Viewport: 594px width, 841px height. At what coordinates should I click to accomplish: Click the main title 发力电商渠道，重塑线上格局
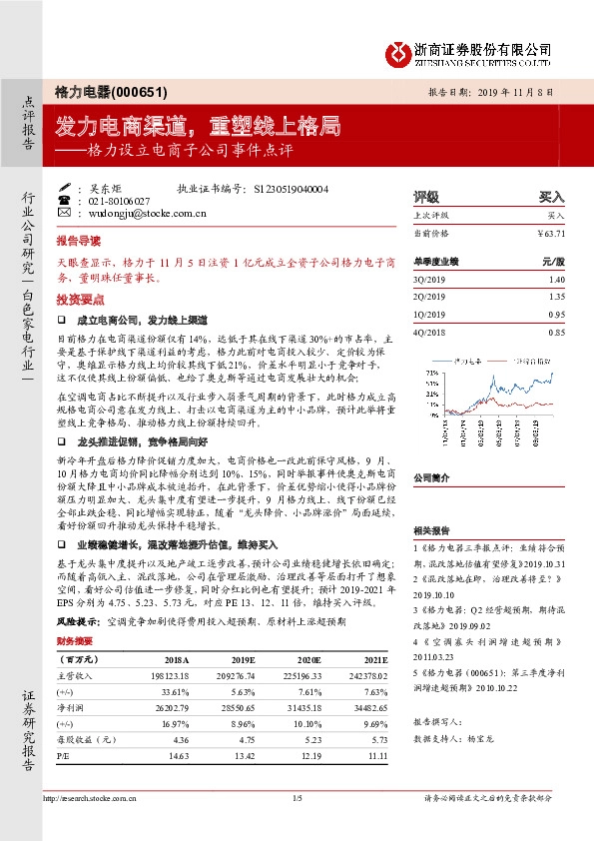(198, 126)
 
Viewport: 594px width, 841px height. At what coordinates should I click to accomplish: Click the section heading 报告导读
(78, 242)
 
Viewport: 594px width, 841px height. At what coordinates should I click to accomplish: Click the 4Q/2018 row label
(430, 332)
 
